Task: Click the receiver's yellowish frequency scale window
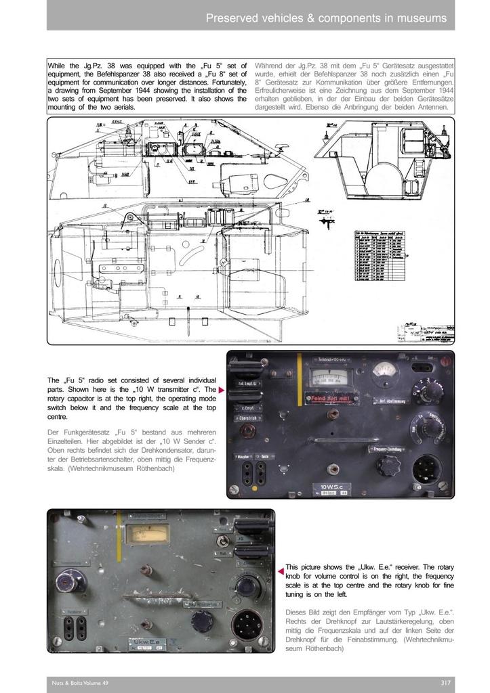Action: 147,533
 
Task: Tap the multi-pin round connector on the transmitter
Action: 428,467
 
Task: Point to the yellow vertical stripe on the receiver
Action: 119,535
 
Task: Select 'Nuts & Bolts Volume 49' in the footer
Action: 80,683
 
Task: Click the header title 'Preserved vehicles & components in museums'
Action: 326,18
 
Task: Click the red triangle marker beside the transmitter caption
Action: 221,390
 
